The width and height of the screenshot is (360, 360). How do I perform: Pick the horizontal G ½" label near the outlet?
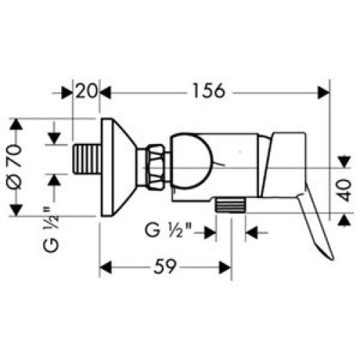coord(171,232)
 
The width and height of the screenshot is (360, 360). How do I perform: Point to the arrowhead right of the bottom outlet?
coord(251,233)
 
